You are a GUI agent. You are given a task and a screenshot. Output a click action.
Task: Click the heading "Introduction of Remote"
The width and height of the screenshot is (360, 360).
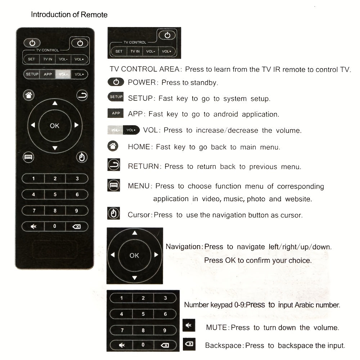coord(69,15)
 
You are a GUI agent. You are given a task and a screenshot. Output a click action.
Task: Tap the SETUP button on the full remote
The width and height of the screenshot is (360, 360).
coord(32,74)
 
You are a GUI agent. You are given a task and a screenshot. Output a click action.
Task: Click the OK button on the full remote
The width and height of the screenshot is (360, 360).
coord(55,126)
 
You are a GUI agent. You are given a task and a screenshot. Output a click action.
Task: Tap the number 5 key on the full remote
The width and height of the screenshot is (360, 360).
coord(55,194)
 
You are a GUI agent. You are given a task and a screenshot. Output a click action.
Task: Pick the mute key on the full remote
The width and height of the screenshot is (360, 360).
coord(33,226)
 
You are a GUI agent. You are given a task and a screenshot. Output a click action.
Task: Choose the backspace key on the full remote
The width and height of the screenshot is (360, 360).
coord(76,226)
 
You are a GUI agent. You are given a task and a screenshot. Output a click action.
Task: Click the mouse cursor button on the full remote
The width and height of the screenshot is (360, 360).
coord(82,157)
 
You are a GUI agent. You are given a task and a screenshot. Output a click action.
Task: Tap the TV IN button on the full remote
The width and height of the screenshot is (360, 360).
coord(48,59)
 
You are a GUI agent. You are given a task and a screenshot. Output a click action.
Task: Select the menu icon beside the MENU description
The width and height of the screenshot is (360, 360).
coord(114,185)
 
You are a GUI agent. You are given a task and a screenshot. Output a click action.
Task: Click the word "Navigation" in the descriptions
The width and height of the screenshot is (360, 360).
coord(183,247)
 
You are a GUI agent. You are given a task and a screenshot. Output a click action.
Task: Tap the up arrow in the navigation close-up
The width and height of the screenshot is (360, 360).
coord(135,233)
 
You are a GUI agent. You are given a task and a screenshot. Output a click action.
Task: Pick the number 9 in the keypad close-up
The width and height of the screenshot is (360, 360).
coord(165,330)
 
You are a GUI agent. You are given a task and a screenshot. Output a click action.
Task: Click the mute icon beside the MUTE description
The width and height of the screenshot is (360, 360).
coord(188,325)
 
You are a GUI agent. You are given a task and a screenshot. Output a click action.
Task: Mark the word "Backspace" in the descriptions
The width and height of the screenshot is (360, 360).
coord(223,346)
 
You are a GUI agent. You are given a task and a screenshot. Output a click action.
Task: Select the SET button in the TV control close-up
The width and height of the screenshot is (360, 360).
coord(119,51)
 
